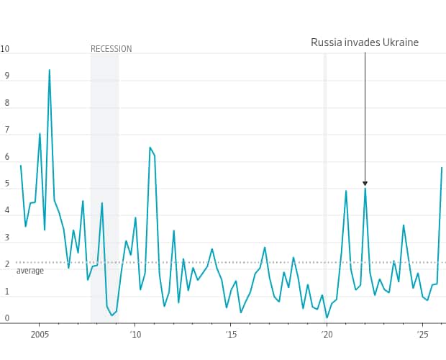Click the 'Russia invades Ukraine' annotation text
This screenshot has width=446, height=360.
coord(364,42)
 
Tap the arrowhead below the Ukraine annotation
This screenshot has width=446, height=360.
coord(365,184)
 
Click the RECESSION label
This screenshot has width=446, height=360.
coord(111,49)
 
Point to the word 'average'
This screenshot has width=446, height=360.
coord(30,271)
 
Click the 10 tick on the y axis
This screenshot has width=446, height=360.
coord(5,49)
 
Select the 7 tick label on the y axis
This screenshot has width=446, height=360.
coord(6,130)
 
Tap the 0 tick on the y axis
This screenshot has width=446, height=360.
coord(6,318)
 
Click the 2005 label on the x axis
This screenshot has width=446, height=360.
coord(39,335)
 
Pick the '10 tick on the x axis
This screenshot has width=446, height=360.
coord(135,335)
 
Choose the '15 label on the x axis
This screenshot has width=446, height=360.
coord(231,335)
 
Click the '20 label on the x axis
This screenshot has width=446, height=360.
coord(327,335)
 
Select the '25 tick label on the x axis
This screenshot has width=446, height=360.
coord(422,335)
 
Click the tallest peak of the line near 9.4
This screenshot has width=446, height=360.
coord(49,70)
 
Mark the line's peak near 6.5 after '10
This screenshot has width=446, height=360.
coord(150,148)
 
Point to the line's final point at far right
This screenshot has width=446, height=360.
coord(442,168)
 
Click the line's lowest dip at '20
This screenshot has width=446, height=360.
coord(327,318)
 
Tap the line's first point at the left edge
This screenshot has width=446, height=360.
coord(20,166)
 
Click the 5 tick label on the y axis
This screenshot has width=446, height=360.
coord(6,184)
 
